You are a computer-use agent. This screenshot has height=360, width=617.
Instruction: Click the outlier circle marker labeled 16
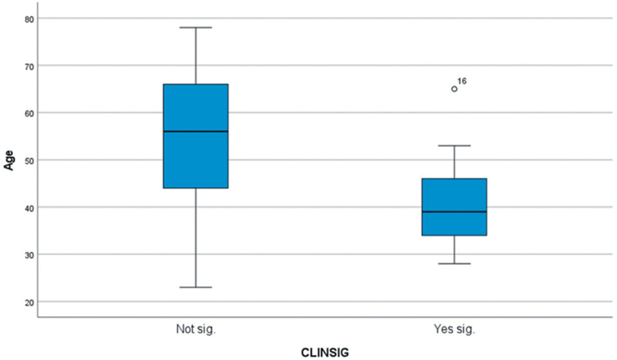pos(454,89)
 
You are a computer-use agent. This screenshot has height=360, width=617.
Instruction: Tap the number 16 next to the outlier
pos(462,81)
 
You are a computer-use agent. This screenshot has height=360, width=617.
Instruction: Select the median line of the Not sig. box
pos(196,131)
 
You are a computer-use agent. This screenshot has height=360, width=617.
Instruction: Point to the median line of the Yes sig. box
pos(454,212)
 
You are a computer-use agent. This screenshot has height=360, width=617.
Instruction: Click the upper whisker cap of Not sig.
pos(196,28)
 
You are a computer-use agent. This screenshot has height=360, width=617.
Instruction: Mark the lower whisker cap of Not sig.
pos(196,287)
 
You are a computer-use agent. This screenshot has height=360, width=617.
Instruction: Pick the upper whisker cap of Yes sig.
pos(454,146)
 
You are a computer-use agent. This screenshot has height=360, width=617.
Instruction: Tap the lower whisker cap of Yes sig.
pos(454,264)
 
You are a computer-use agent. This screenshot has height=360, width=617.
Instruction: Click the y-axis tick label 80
pos(29,19)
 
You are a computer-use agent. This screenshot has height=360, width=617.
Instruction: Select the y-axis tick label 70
pos(29,66)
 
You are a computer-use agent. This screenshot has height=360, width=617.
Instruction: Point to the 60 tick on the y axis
pos(29,113)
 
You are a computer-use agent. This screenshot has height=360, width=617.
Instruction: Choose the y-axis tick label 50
pos(29,160)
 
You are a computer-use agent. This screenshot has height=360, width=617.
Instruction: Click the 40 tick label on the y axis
pos(29,207)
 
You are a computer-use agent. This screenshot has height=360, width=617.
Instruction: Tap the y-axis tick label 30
pos(29,255)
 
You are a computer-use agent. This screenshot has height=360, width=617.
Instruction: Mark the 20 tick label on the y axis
pos(29,303)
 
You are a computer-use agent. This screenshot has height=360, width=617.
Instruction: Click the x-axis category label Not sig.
pos(196,329)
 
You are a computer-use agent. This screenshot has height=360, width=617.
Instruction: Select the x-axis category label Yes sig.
pos(454,329)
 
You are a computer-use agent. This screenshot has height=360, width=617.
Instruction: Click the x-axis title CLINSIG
pos(325,353)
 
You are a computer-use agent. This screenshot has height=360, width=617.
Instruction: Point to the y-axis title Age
pos(9,160)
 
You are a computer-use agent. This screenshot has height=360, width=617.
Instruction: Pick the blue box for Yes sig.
pos(454,195)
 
